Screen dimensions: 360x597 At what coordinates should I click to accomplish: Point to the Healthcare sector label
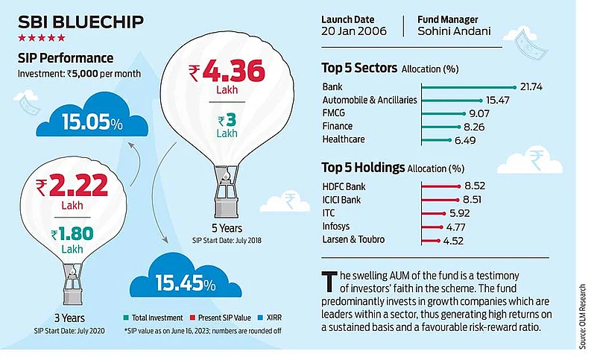coord(345,139)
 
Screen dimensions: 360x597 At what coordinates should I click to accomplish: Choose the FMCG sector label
coord(335,113)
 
